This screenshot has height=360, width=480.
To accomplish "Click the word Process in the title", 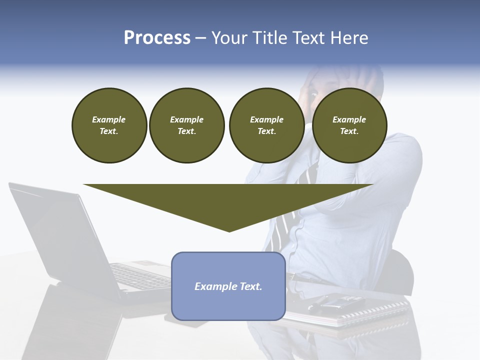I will (x=157, y=38).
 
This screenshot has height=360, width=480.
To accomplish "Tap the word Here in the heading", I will (x=349, y=38).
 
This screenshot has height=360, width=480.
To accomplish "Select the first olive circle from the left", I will (x=109, y=125).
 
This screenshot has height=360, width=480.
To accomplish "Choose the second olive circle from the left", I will (x=186, y=125).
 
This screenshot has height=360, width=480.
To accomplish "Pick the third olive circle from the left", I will (x=266, y=125).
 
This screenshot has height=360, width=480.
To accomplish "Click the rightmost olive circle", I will (x=349, y=125).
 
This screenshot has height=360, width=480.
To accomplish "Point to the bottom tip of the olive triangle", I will (x=229, y=231).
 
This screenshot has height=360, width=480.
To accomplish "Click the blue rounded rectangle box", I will (x=228, y=305).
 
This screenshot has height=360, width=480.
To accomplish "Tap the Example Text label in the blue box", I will (x=228, y=286).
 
